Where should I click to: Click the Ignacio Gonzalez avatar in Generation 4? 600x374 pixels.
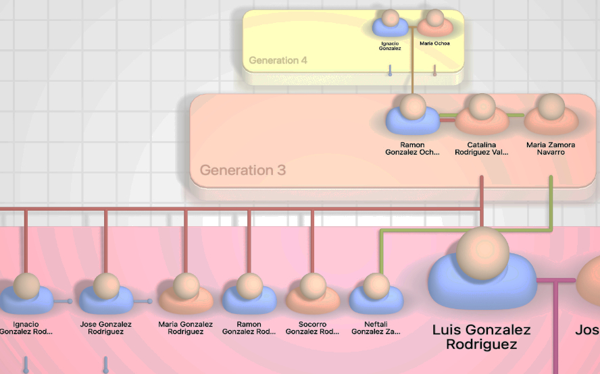click(x=390, y=24)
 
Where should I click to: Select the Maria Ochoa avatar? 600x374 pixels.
click(x=434, y=24)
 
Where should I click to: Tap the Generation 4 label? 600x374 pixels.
click(x=278, y=60)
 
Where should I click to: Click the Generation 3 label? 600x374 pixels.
click(x=243, y=170)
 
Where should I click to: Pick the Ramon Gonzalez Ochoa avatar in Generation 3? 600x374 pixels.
click(x=412, y=115)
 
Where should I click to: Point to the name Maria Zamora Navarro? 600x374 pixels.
click(x=551, y=149)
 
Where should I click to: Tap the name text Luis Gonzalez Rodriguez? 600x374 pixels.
click(x=482, y=337)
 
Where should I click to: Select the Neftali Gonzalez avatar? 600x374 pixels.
click(x=376, y=294)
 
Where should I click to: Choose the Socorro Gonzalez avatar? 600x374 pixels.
click(x=312, y=294)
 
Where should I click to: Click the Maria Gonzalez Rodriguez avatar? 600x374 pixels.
click(x=185, y=294)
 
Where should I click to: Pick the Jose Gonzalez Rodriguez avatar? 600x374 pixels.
click(x=106, y=294)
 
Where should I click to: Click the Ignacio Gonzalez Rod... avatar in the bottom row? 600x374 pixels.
click(x=26, y=294)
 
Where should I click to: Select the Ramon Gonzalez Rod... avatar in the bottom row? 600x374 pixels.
click(x=249, y=294)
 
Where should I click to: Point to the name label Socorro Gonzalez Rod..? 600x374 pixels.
click(x=312, y=328)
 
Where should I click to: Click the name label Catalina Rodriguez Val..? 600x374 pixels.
click(x=482, y=149)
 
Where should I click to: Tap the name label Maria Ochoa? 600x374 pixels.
click(x=434, y=43)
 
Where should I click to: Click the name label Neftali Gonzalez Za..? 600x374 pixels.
click(x=376, y=328)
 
